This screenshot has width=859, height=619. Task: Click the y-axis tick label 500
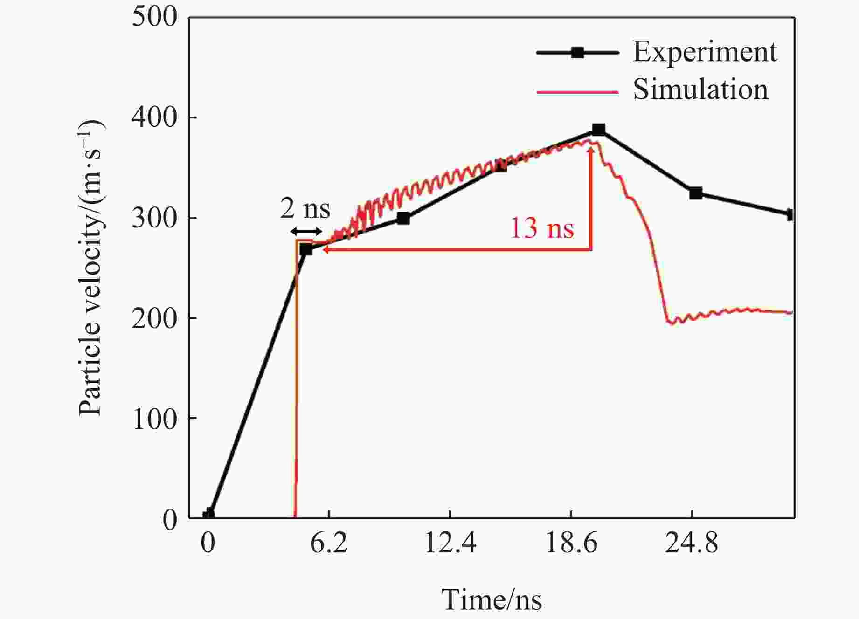pyautogui.click(x=155, y=17)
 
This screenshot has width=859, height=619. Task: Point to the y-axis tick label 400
pyautogui.click(x=155, y=117)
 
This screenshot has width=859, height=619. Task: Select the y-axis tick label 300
pyautogui.click(x=155, y=218)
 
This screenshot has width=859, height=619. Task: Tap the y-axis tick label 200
pyautogui.click(x=155, y=318)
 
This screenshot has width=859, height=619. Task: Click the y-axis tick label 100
pyautogui.click(x=155, y=418)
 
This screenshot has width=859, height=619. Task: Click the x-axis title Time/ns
pyautogui.click(x=492, y=599)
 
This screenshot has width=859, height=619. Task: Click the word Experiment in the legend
pyautogui.click(x=705, y=52)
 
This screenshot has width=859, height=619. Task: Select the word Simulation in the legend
pyautogui.click(x=700, y=89)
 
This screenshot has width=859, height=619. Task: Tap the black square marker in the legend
pyautogui.click(x=577, y=53)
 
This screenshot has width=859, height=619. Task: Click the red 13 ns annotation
pyautogui.click(x=542, y=228)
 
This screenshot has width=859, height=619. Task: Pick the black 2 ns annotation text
pyautogui.click(x=305, y=208)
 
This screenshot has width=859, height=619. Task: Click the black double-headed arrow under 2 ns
pyautogui.click(x=306, y=232)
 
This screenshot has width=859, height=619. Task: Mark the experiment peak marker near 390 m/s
pyautogui.click(x=598, y=130)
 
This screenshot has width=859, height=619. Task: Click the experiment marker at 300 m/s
pyautogui.click(x=403, y=218)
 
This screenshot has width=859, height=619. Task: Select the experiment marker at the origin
pyautogui.click(x=208, y=515)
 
